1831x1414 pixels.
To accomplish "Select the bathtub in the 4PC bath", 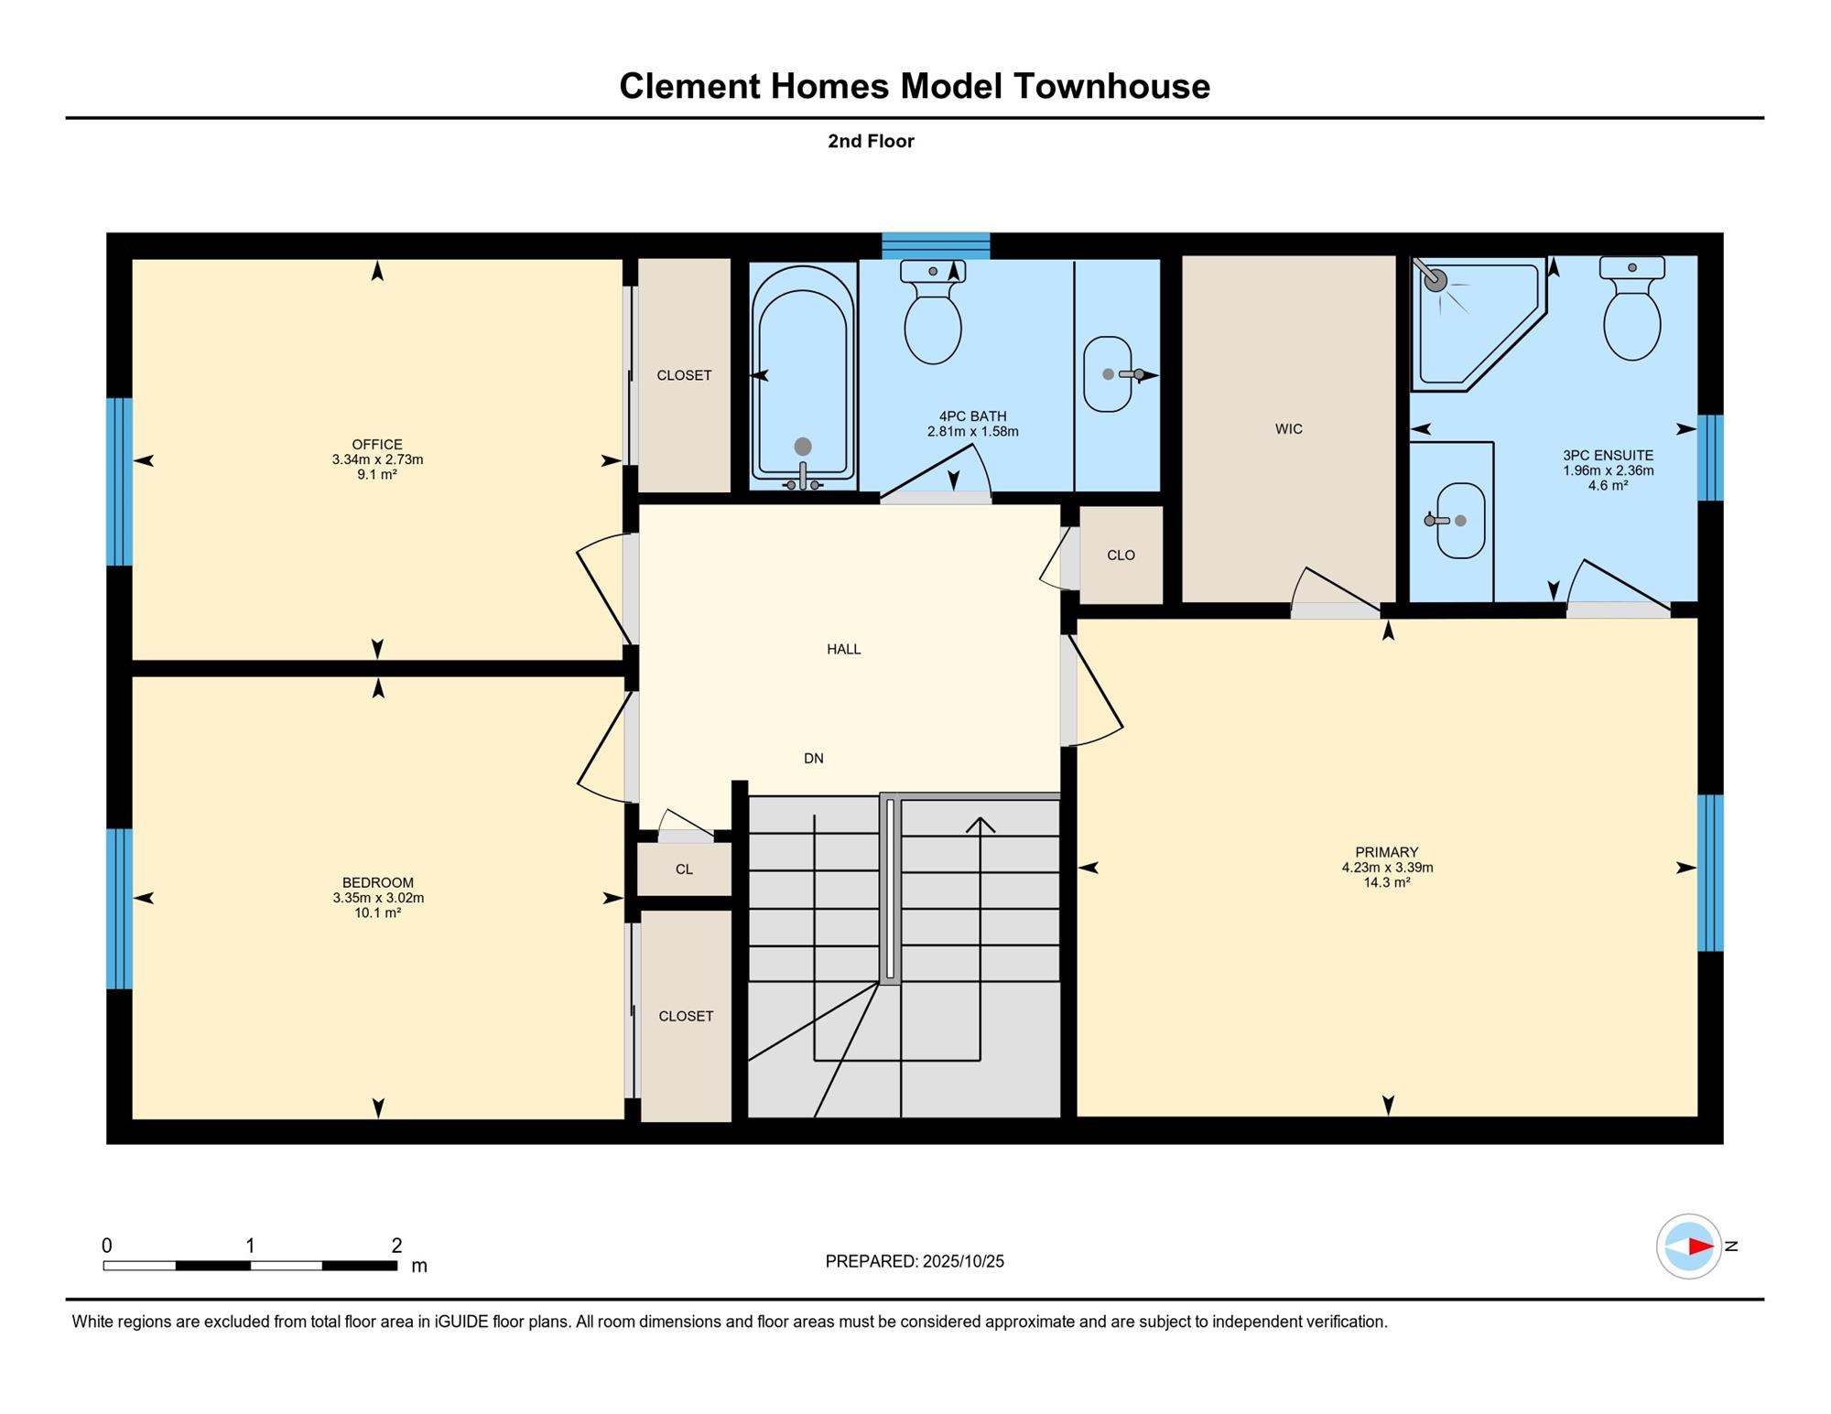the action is [x=803, y=377].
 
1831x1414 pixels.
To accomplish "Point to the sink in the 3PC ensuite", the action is [x=1460, y=521].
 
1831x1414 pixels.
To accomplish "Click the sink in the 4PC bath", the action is [x=1109, y=373].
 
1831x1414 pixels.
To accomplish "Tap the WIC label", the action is [x=1288, y=428].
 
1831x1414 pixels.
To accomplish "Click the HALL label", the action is [x=843, y=649].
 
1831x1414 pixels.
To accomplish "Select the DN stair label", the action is [x=813, y=758].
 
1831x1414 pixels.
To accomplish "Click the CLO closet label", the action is [x=1121, y=555].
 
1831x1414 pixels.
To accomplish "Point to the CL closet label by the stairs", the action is [x=684, y=869].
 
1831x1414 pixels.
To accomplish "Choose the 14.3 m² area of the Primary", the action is [x=1386, y=882].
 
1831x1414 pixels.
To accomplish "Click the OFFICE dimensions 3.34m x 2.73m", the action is [x=377, y=459].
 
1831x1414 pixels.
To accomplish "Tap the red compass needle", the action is [x=1701, y=1246].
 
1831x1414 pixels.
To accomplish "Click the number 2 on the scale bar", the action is [x=396, y=1245].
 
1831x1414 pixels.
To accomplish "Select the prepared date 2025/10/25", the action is [x=963, y=1261].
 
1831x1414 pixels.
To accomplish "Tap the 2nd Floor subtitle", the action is [x=871, y=141].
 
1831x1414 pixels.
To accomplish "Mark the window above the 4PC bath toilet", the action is [x=936, y=246].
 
